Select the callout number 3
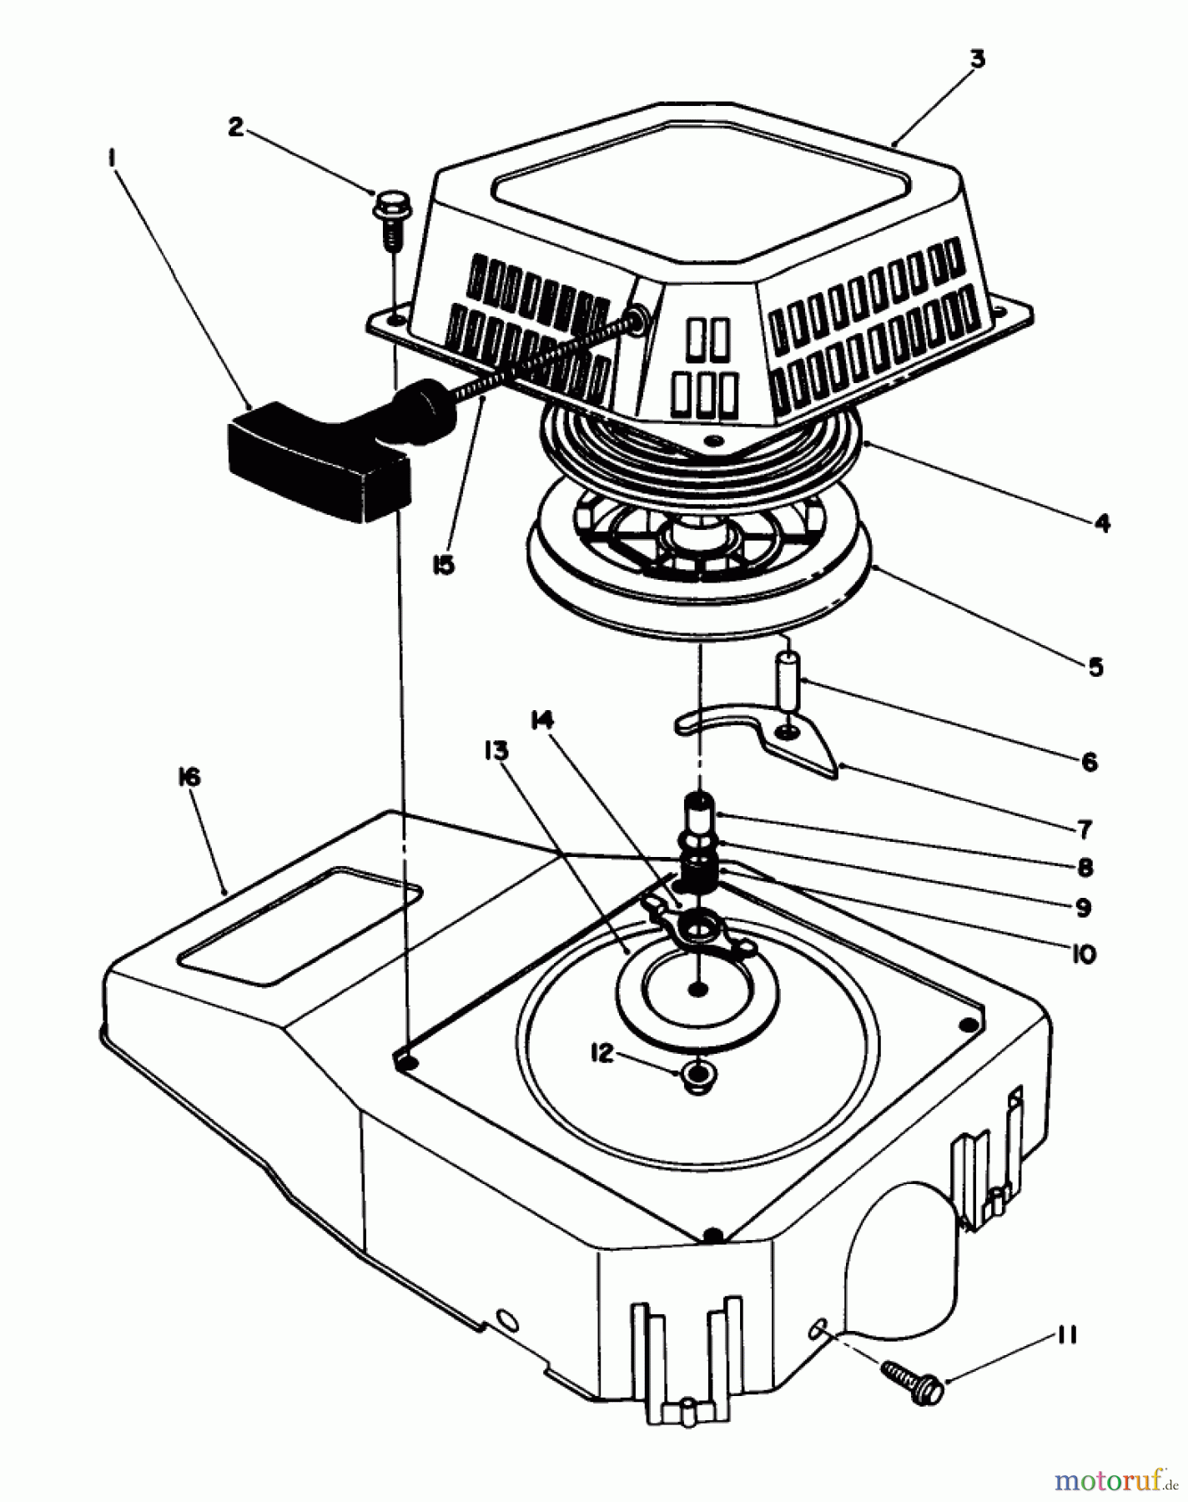point(977,59)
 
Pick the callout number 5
point(1095,668)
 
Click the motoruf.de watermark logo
point(1110,1479)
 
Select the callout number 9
point(1083,908)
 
